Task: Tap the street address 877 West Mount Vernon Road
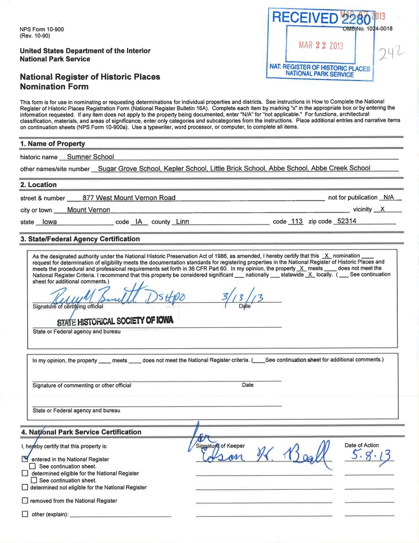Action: tap(129, 198)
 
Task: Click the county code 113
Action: tap(296, 222)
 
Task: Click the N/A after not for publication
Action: tap(389, 197)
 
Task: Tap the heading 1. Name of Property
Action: tap(52, 144)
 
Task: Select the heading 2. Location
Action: tap(38, 185)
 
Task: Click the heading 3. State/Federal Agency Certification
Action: tap(80, 239)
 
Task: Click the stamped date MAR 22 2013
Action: tap(321, 45)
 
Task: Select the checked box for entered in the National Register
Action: tap(25, 459)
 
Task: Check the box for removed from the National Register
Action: tap(25, 501)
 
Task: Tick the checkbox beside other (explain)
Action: tap(25, 514)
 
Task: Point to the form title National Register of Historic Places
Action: tap(90, 77)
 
